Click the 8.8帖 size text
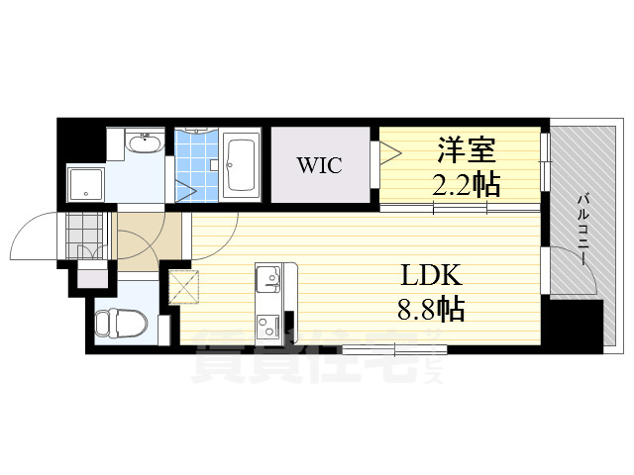click(x=432, y=308)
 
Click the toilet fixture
click(x=119, y=323)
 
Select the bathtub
click(x=241, y=164)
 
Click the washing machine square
click(x=85, y=184)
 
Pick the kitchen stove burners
click(x=267, y=325)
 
